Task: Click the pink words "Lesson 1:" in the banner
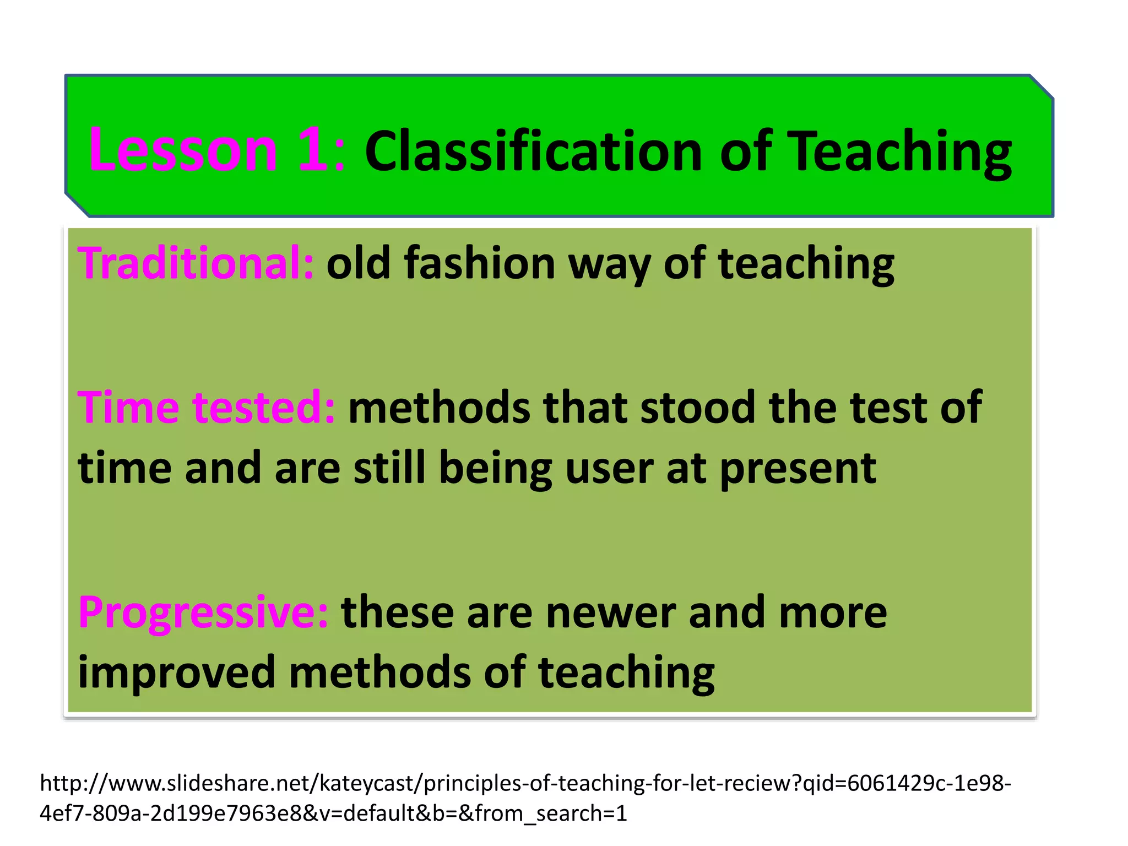pos(216,150)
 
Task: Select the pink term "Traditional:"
pos(196,263)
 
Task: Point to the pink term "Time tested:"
pos(206,408)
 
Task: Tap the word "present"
pos(798,468)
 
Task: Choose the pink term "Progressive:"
pos(203,612)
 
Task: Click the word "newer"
pos(610,612)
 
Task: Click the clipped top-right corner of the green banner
pos(1041,87)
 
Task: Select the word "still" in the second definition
pos(389,468)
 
